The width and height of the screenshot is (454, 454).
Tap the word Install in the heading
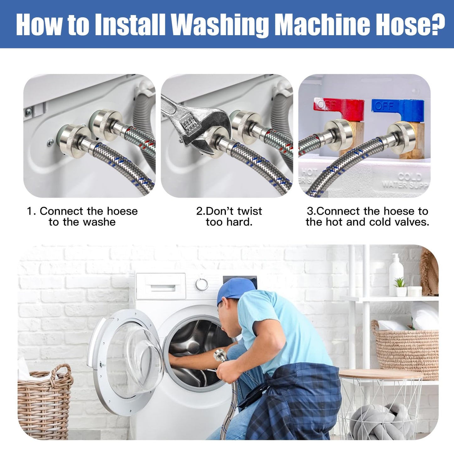[129, 25]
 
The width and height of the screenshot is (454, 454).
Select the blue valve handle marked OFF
[397, 106]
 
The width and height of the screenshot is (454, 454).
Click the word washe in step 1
[100, 222]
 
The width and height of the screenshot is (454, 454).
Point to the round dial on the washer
[201, 284]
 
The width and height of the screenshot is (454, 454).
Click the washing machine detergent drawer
[161, 287]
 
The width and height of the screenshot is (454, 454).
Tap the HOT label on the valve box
[309, 172]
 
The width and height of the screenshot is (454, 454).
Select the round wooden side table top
[380, 374]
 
